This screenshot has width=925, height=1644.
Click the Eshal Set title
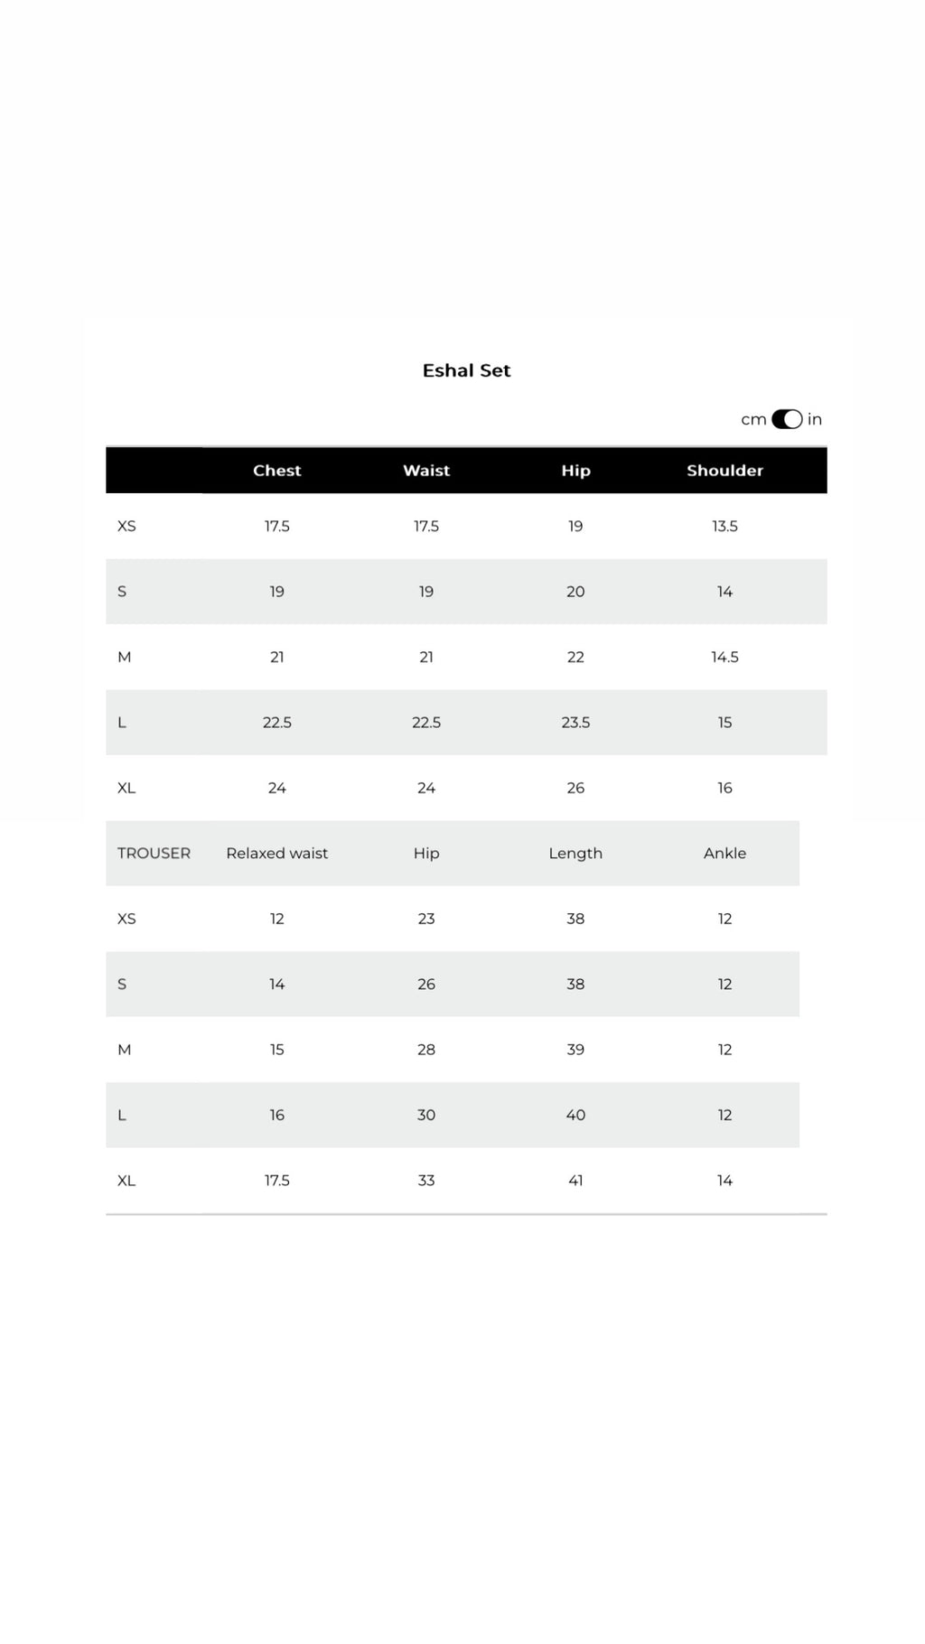[466, 370]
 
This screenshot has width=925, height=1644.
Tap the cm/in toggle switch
[787, 419]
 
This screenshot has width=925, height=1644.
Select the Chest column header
[276, 471]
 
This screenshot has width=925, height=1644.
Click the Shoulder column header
[724, 471]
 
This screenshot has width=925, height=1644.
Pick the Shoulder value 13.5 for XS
[724, 527]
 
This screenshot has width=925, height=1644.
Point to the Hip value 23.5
[575, 723]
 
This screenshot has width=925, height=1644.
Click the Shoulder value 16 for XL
[724, 788]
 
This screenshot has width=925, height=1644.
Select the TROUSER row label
[154, 854]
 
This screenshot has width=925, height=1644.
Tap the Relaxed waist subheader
[276, 854]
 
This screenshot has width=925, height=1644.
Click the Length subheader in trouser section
[575, 854]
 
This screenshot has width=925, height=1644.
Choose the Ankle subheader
[724, 854]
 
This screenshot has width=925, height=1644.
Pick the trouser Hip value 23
[426, 919]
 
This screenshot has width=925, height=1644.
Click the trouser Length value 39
[575, 1050]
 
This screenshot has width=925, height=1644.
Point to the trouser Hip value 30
[426, 1115]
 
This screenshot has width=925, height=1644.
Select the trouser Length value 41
[575, 1181]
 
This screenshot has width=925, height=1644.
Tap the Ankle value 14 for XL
[724, 1181]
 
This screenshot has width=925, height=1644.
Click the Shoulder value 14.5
[724, 657]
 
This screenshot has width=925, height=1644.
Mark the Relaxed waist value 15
[276, 1050]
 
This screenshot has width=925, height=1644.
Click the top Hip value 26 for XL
[575, 788]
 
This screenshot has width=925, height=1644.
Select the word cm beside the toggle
[753, 420]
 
